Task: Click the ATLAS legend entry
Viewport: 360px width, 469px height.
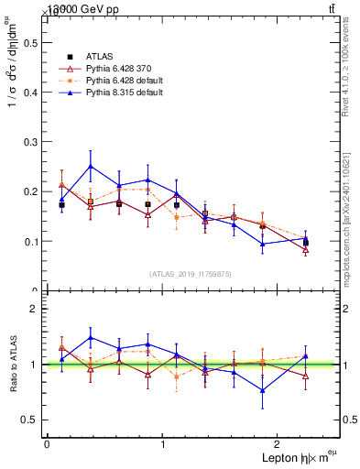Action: [99, 57]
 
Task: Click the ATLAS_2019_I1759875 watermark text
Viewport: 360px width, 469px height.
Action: [191, 274]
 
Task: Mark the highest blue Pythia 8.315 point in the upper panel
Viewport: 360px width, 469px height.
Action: [90, 167]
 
